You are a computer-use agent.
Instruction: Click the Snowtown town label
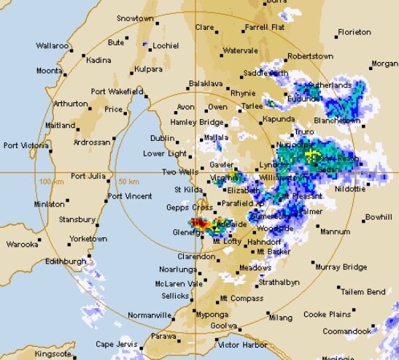click(136, 17)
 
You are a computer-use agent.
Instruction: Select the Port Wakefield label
click(116, 91)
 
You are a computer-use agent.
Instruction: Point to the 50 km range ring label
click(128, 181)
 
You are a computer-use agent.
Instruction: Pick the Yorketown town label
click(88, 239)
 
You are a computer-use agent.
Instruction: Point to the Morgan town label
click(384, 64)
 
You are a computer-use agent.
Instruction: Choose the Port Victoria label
click(26, 145)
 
